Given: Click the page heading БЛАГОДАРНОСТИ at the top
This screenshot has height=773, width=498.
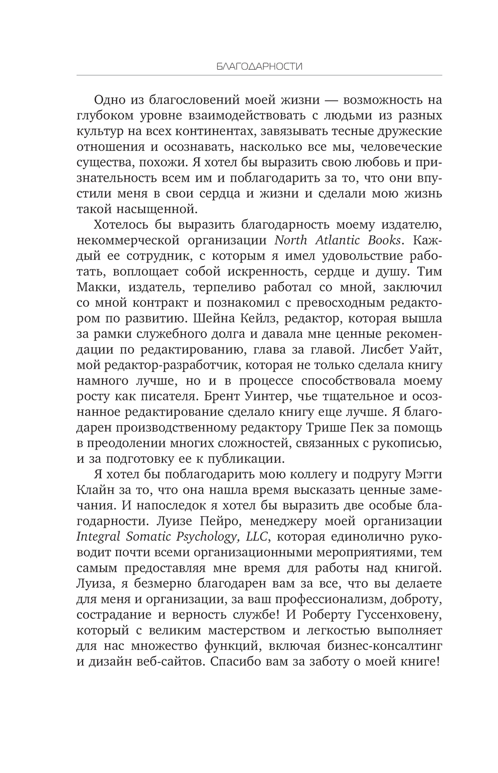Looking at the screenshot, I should (x=259, y=66).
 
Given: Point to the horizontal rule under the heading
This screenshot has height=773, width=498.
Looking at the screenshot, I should (x=259, y=75).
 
